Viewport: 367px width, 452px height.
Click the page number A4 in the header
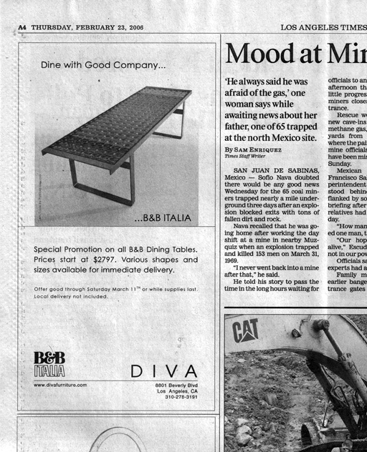22,27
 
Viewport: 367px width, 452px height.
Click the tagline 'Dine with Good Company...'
103,65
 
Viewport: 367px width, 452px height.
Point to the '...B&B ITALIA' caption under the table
163,217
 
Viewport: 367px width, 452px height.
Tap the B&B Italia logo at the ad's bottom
49,364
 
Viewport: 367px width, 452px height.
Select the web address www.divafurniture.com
60,385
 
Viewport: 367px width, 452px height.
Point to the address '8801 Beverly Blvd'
176,385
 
